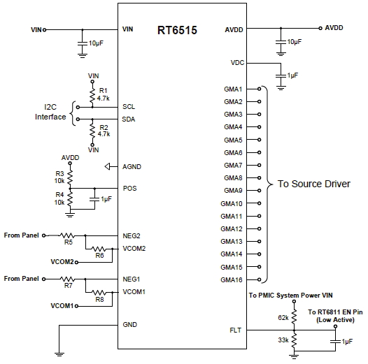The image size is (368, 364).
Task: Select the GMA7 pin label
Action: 233,166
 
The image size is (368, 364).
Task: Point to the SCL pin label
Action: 129,107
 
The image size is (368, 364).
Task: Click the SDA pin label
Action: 129,119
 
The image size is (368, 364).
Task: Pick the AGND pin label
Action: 132,167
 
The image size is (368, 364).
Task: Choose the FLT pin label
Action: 236,330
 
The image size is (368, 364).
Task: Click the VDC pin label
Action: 236,64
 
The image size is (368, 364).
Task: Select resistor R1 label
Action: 103,90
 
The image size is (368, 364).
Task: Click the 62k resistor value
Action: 283,316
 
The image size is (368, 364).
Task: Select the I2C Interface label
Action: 50,112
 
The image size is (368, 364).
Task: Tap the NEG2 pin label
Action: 132,235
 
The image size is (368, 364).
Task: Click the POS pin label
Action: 129,188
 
